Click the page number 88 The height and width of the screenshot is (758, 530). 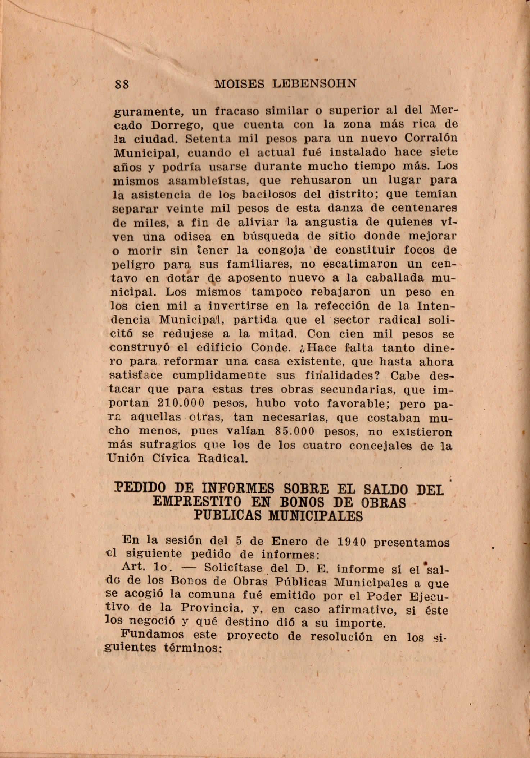coord(122,85)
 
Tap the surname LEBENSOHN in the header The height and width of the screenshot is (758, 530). coord(314,84)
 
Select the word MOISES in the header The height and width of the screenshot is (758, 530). coord(239,84)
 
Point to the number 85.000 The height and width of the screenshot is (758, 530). coord(294,431)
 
